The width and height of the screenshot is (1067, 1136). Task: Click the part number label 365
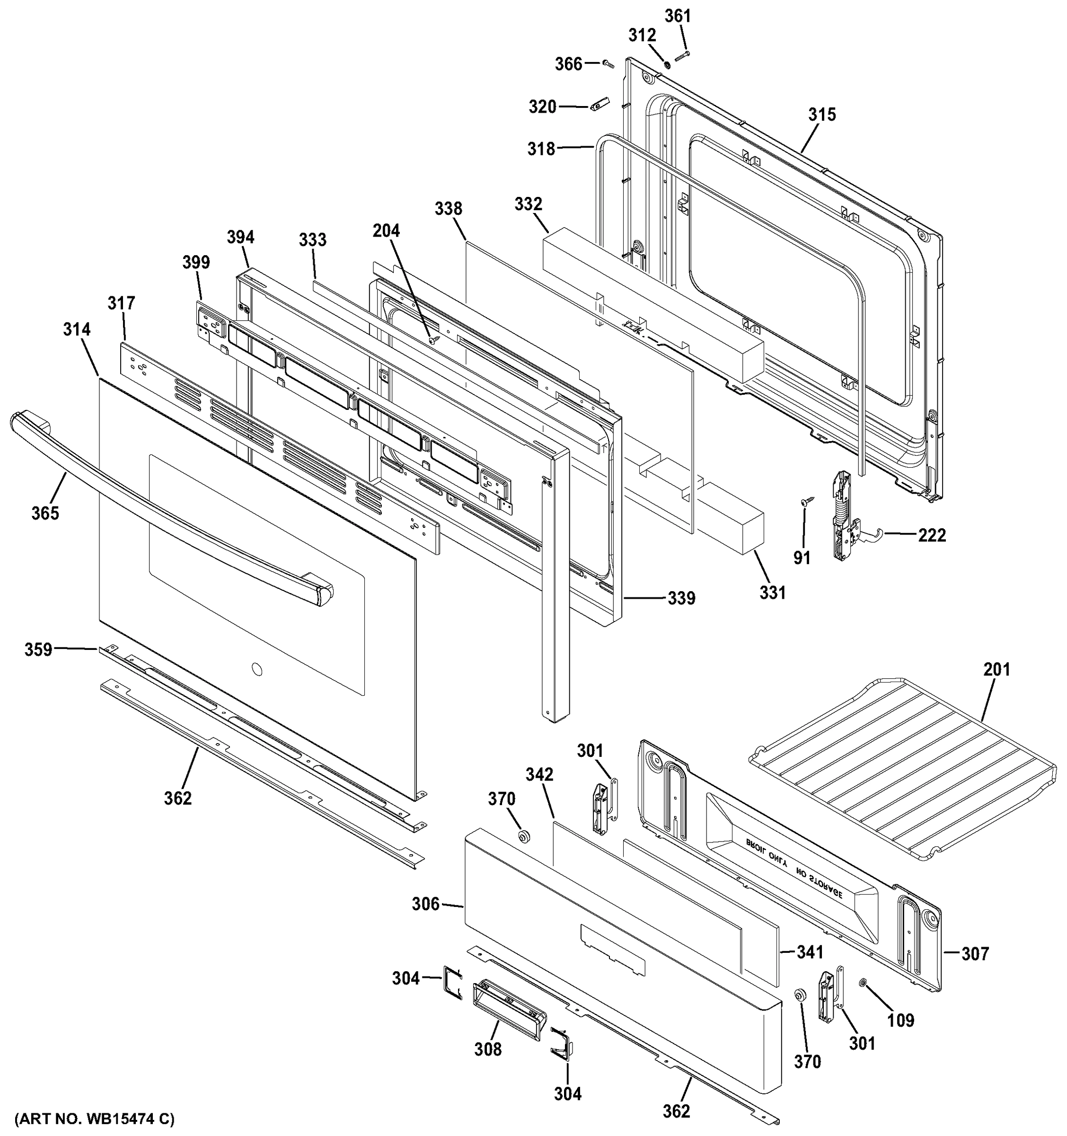click(x=45, y=513)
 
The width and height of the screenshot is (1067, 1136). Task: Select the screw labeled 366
click(x=607, y=63)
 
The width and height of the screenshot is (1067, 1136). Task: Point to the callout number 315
click(x=821, y=115)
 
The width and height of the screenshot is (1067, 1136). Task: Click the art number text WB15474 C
click(x=94, y=1118)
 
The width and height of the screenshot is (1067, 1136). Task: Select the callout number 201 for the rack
click(x=996, y=669)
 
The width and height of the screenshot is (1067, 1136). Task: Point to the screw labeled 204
click(x=432, y=340)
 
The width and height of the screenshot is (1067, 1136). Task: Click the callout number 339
click(x=681, y=598)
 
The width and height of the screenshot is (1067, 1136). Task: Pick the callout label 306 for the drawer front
click(x=425, y=904)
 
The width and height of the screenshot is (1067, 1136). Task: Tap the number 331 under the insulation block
click(x=772, y=593)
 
